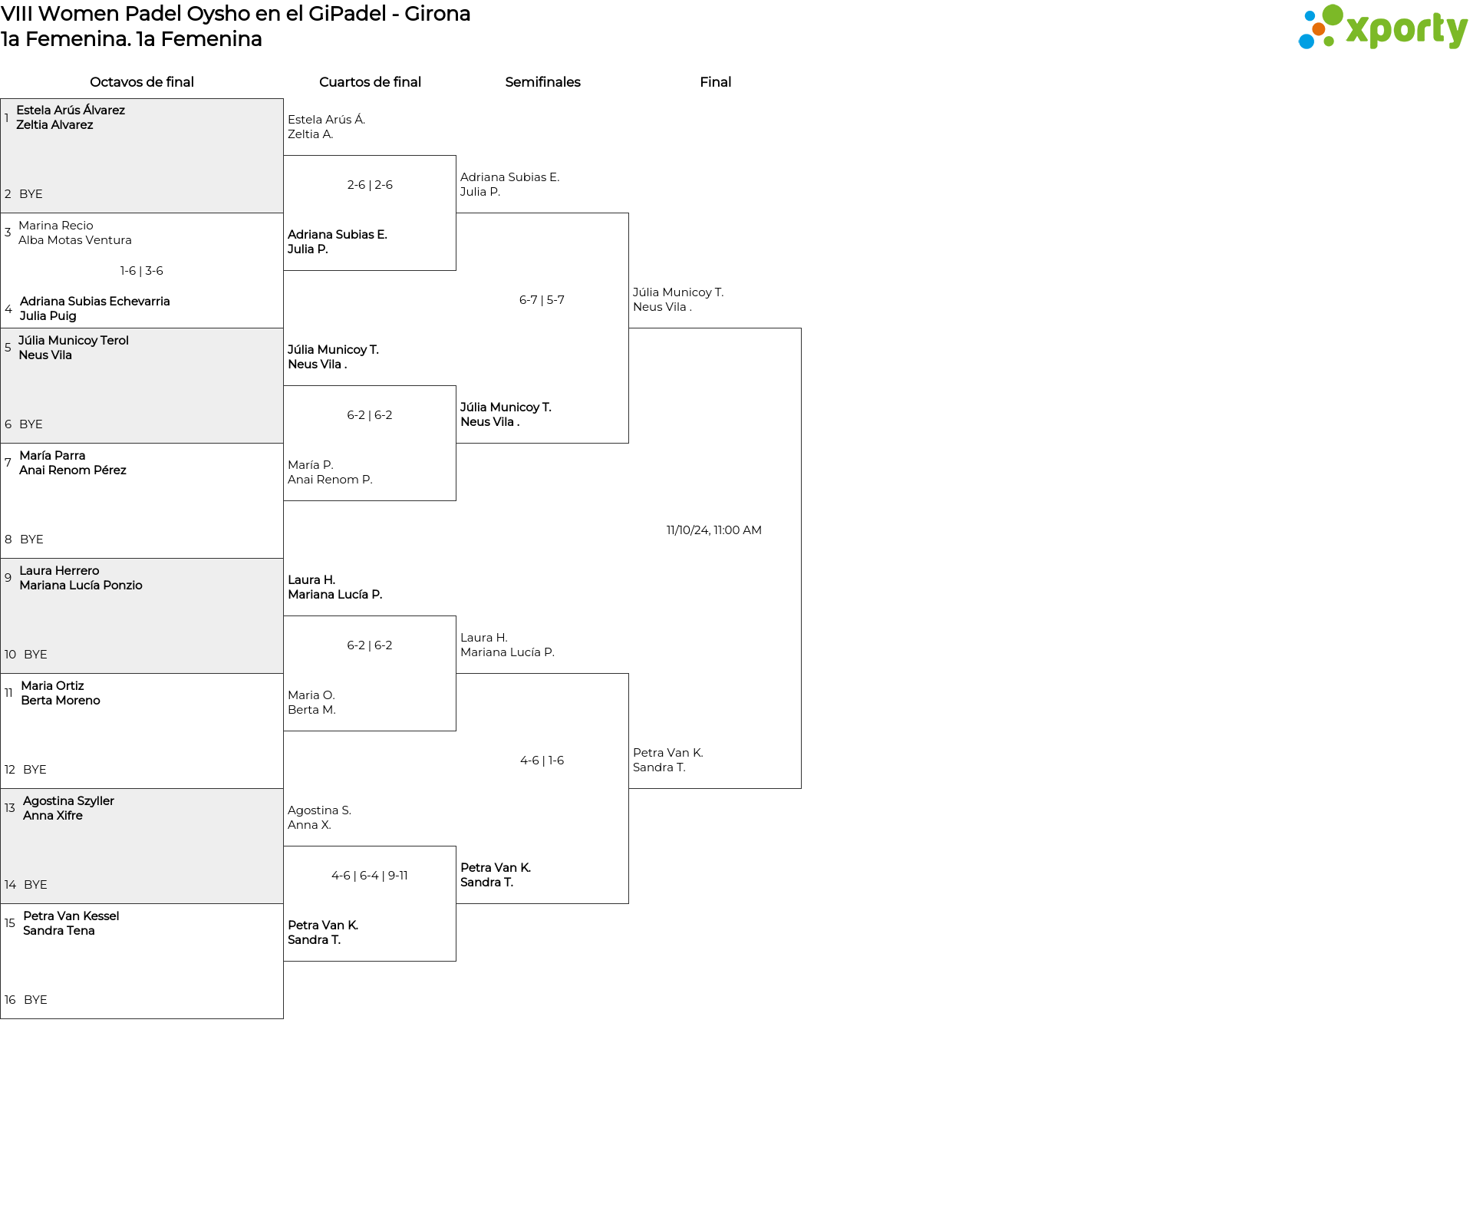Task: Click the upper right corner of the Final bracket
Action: tap(801, 328)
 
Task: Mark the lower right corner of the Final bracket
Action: tap(801, 788)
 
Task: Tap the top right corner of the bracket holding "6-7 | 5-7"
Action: tap(628, 213)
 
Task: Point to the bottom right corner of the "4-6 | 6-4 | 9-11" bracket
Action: tap(456, 961)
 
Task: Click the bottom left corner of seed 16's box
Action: tap(1, 1018)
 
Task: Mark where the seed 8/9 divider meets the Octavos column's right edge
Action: tap(283, 558)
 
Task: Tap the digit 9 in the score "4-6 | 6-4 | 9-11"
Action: tap(391, 876)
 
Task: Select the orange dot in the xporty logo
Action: tap(1319, 29)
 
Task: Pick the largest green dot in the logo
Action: tap(1333, 15)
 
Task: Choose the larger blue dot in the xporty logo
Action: tap(1307, 41)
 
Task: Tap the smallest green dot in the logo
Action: tap(1330, 42)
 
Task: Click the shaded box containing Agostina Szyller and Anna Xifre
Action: tap(142, 846)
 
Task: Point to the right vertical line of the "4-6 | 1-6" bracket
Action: tap(628, 788)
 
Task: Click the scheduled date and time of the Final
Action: tap(713, 530)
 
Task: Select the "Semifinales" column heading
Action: tap(542, 82)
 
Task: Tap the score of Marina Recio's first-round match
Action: tap(142, 271)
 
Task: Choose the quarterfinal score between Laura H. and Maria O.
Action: tap(370, 645)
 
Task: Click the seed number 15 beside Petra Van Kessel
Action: tap(10, 923)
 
